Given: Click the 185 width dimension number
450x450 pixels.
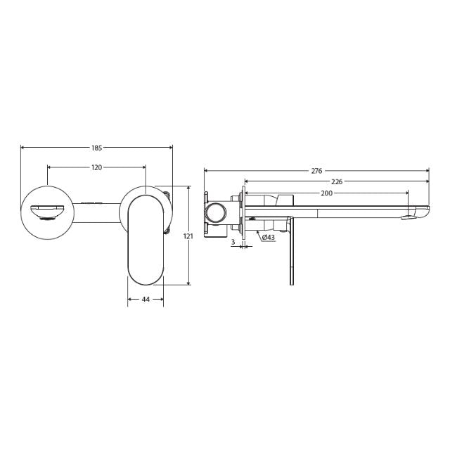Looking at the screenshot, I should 97,148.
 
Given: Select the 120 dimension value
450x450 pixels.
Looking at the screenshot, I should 97,167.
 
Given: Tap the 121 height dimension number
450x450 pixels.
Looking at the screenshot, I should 188,236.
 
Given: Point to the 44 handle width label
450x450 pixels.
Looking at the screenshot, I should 146,299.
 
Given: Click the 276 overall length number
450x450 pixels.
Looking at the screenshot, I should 316,171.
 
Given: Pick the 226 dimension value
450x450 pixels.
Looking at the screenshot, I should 337,181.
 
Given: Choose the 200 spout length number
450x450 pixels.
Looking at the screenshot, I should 326,193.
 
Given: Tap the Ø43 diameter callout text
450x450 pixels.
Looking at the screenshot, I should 268,238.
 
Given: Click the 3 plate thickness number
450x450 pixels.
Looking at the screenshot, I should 233,242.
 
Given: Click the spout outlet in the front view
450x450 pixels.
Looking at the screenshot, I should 48,211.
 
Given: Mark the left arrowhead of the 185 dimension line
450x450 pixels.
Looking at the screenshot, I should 24,148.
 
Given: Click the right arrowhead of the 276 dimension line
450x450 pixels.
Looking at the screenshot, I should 426,171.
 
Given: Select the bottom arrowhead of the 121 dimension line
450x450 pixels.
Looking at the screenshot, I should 188,283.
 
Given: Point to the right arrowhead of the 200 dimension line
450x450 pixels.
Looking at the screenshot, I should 406,193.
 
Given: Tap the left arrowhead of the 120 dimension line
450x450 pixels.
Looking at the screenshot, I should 49,167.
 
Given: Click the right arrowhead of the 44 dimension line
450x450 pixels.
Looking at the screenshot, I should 162,299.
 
